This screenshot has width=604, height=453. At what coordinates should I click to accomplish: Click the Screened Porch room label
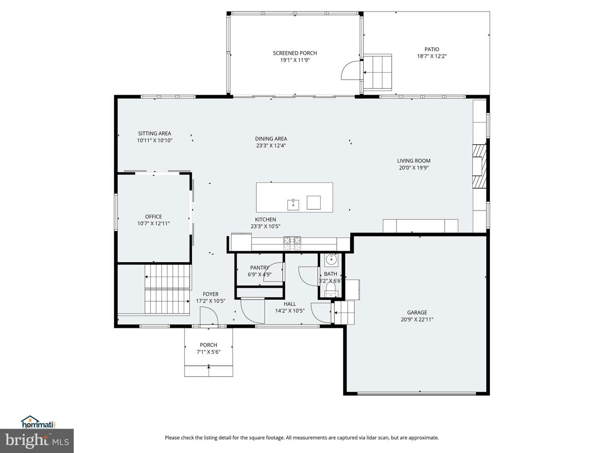[x=295, y=53]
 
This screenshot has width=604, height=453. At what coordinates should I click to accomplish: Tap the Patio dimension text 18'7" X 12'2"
[x=432, y=56]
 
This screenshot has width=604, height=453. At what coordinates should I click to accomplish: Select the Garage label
[x=417, y=312]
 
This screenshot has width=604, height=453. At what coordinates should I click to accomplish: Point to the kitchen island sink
[x=293, y=205]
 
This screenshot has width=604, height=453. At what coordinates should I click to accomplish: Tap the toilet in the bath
[x=331, y=290]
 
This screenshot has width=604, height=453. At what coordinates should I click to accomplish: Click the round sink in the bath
[x=331, y=259]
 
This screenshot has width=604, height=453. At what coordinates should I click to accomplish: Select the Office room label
[x=154, y=217]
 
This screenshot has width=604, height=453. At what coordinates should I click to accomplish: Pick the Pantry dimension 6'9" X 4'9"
[x=260, y=274]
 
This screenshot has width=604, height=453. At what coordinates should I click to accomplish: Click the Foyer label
[x=211, y=294]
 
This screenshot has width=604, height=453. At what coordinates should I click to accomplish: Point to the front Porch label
[x=208, y=345]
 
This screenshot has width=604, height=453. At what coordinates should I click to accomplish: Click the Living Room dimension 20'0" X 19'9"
[x=414, y=168]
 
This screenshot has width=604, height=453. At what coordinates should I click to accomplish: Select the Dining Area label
[x=271, y=139]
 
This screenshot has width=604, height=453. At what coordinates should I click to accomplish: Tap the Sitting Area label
[x=154, y=133]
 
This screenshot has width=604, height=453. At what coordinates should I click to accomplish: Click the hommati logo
[x=38, y=422]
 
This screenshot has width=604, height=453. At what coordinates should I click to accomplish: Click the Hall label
[x=290, y=304]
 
